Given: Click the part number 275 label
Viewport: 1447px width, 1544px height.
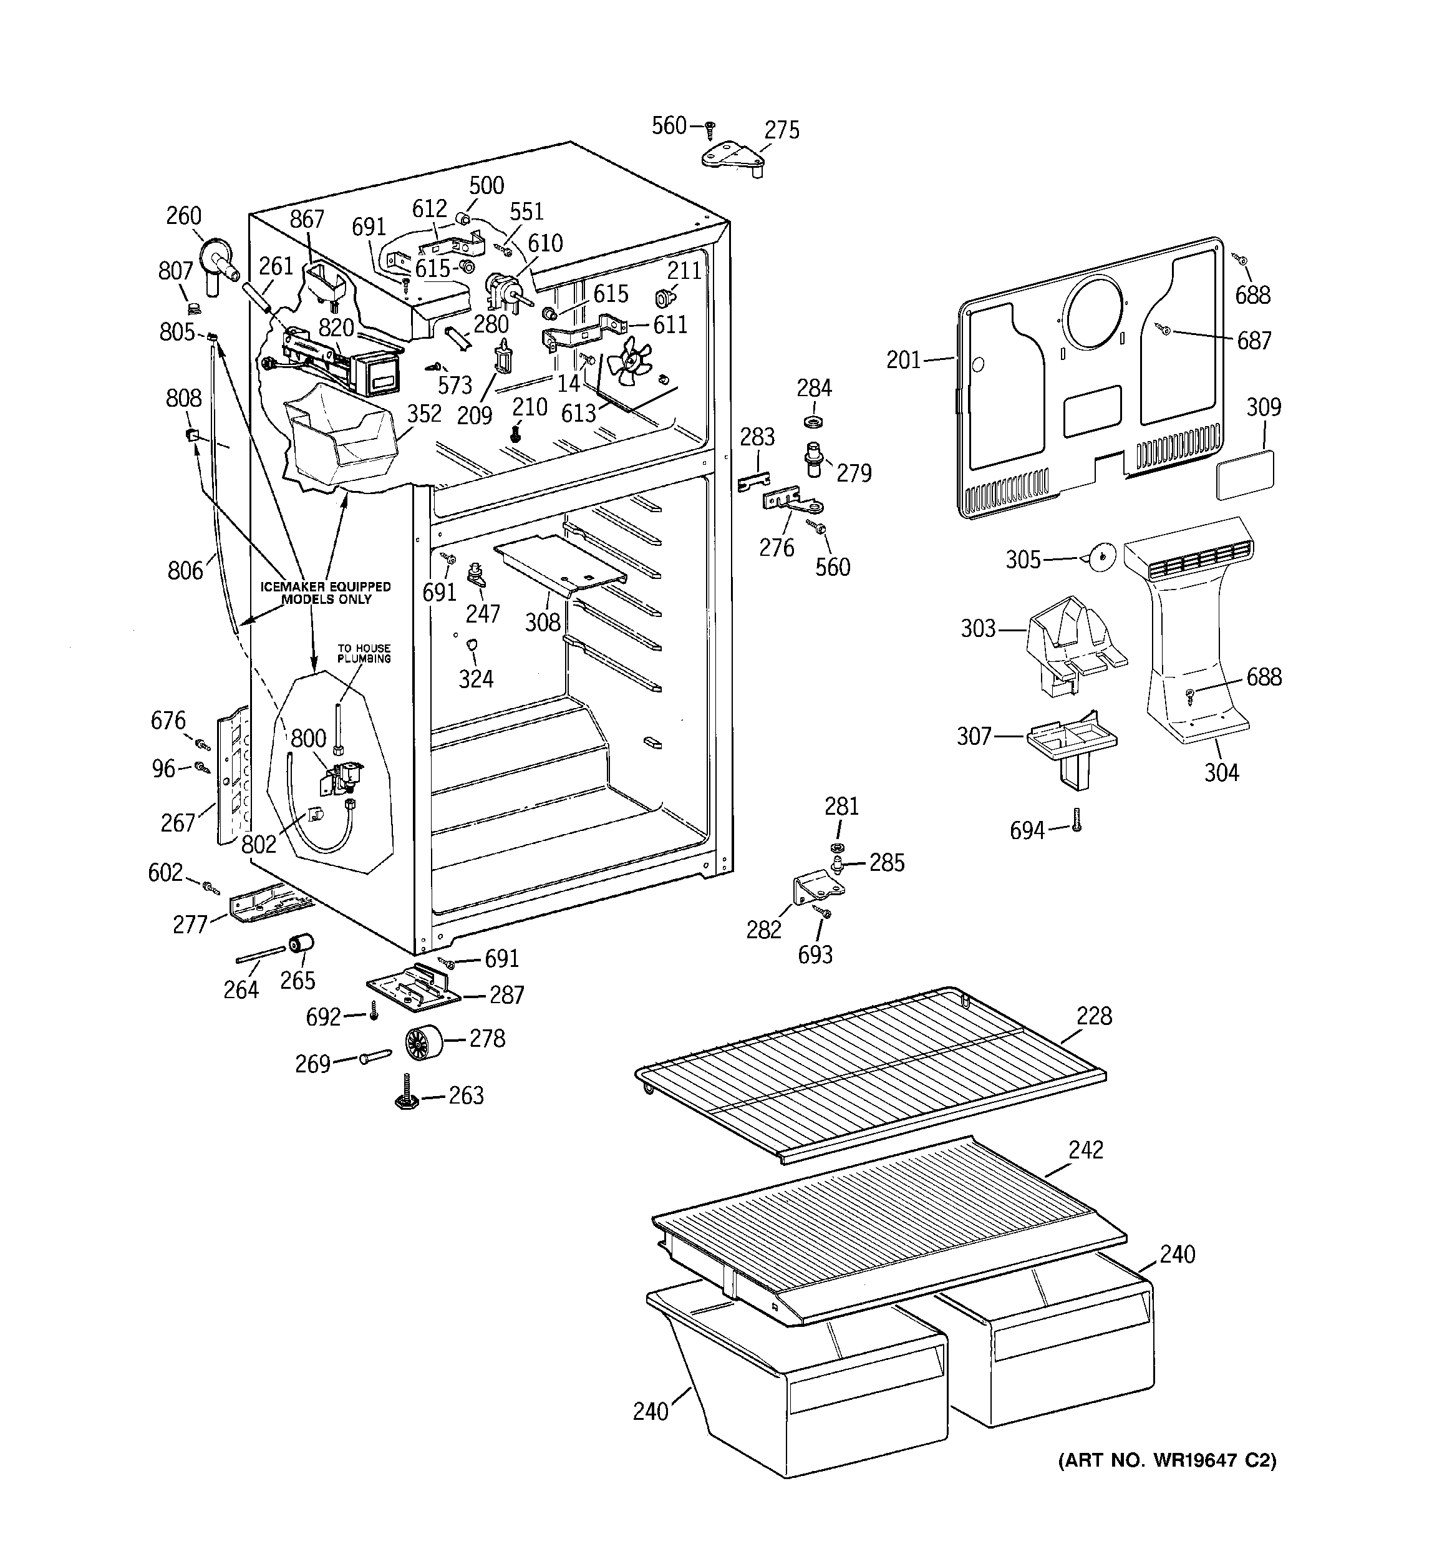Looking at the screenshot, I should (x=782, y=130).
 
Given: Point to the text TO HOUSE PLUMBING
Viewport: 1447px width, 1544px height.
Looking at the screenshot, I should (x=364, y=653).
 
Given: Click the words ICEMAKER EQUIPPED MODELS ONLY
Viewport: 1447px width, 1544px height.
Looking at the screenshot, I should (x=326, y=593).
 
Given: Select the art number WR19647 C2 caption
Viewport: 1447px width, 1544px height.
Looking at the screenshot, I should (x=1166, y=1461).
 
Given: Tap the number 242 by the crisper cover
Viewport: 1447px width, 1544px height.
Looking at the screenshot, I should (x=1085, y=1150).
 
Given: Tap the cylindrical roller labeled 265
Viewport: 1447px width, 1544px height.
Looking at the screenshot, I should (x=301, y=944).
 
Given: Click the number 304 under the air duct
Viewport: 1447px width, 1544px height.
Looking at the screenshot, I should (x=1221, y=772).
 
